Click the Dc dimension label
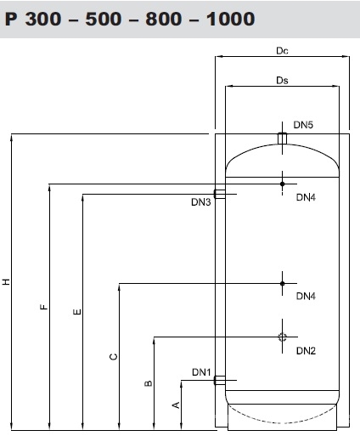(x=282, y=51)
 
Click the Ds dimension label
(x=282, y=81)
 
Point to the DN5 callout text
(x=303, y=125)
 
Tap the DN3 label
(x=201, y=202)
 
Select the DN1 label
(x=201, y=372)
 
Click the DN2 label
(x=306, y=351)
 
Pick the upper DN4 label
(x=306, y=197)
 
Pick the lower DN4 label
(x=306, y=297)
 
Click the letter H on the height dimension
(x=6, y=281)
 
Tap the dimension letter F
(x=44, y=307)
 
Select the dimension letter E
(x=77, y=312)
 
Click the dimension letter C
(x=113, y=357)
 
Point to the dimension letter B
(x=149, y=383)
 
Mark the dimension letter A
(x=176, y=405)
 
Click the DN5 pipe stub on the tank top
(x=282, y=139)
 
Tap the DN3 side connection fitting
(x=220, y=194)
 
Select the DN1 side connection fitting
(x=220, y=380)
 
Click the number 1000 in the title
(x=230, y=19)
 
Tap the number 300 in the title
(x=43, y=19)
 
